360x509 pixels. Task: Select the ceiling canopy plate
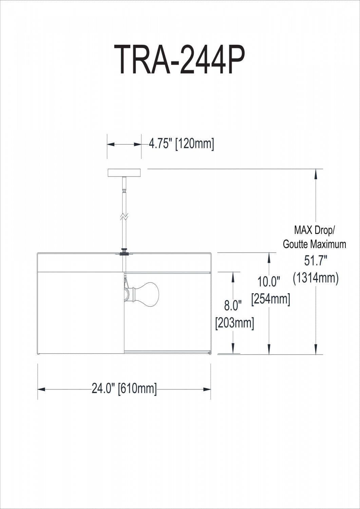point(124,173)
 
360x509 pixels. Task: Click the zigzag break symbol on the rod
point(124,216)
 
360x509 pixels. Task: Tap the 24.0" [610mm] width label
point(124,388)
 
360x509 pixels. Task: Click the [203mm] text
point(234,322)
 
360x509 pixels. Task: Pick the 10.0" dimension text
point(269,281)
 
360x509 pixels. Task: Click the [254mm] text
point(270,299)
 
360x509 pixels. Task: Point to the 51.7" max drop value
point(316,261)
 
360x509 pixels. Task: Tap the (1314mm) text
point(316,278)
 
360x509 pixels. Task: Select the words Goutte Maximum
point(315,244)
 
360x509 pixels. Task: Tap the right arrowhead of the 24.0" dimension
point(207,389)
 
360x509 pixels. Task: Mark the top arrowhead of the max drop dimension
point(316,174)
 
